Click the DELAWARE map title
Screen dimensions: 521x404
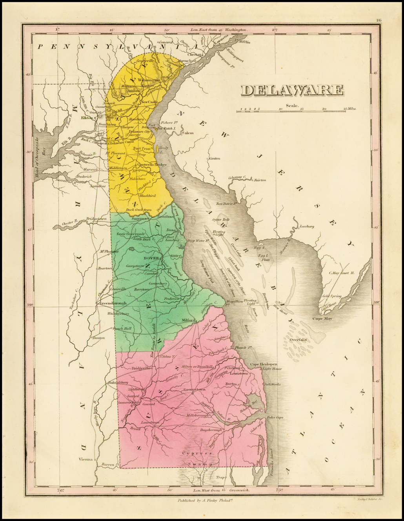(292, 90)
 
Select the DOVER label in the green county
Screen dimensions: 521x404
(151, 258)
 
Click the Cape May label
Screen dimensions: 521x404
(322, 319)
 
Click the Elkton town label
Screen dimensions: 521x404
(87, 117)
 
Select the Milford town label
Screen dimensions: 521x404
(188, 320)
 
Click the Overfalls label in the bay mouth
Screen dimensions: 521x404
(298, 339)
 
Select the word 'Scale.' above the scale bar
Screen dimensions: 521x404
(292, 105)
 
